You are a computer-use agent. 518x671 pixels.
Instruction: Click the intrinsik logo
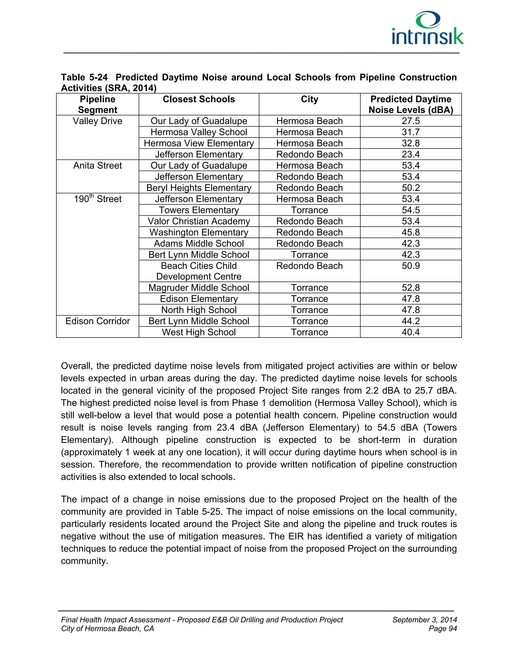pyautogui.click(x=427, y=28)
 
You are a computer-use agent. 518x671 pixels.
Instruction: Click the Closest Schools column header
pyautogui.click(x=199, y=99)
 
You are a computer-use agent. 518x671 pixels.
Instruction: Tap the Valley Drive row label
pyautogui.click(x=98, y=121)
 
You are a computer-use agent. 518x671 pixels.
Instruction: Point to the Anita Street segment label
pyautogui.click(x=98, y=166)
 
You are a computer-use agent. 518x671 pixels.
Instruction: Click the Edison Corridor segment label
pyautogui.click(x=98, y=321)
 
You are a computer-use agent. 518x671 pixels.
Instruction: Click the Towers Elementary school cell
pyautogui.click(x=199, y=210)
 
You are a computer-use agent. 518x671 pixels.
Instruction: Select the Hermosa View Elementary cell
pyautogui.click(x=199, y=143)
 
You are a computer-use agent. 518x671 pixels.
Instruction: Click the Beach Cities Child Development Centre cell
pyautogui.click(x=199, y=271)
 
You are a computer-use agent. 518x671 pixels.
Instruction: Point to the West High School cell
pyautogui.click(x=199, y=332)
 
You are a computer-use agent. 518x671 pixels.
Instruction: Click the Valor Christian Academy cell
pyautogui.click(x=199, y=221)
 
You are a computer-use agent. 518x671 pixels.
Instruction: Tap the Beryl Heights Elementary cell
pyautogui.click(x=199, y=188)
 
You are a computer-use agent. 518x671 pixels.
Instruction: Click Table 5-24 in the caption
pyautogui.click(x=84, y=77)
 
